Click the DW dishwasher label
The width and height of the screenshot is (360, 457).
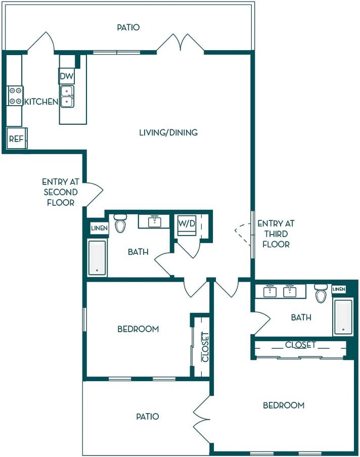coord(66,76)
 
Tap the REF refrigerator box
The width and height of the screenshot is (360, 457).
coord(17,138)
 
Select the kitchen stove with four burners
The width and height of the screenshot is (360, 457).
coord(15,96)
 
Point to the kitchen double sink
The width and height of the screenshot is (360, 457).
coord(67,97)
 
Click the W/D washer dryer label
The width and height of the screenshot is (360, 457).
coord(187,223)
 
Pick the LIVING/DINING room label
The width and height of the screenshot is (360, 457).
coord(168,132)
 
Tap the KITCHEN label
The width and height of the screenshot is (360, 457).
coord(41,102)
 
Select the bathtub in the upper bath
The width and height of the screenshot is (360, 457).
coord(97,258)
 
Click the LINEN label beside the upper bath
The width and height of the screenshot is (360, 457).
coord(100,228)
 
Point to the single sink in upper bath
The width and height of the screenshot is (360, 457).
coord(154,221)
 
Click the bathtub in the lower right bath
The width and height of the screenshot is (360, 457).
coord(343,316)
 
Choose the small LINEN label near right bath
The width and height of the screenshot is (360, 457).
coord(339,289)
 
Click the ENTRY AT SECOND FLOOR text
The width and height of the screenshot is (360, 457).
coord(60,192)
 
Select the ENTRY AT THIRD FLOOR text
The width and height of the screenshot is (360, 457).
coord(276,234)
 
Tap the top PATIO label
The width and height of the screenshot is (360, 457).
coord(128,27)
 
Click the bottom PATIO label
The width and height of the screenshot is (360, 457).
coord(148,417)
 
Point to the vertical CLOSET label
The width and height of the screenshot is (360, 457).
coord(205,347)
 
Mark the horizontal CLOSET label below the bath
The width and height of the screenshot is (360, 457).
coord(300,345)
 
